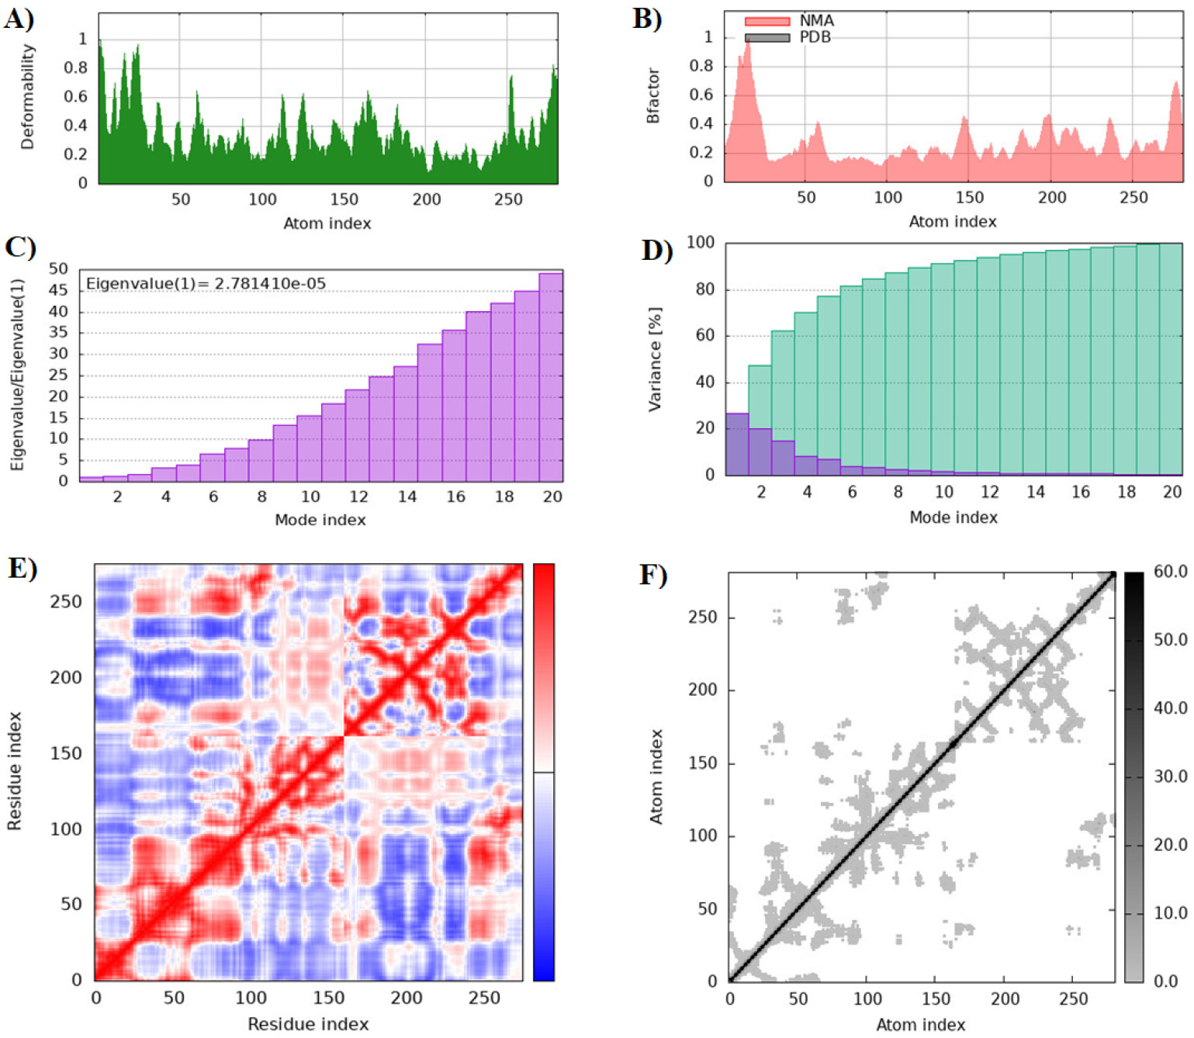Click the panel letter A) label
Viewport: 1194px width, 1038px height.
(19, 19)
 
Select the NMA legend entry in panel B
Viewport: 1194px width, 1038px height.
(789, 21)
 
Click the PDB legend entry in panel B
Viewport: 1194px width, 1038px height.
(787, 37)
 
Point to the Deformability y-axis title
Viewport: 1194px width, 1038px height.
(27, 97)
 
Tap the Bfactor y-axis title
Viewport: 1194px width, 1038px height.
(652, 95)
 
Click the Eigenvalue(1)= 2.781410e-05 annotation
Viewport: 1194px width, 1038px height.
(206, 284)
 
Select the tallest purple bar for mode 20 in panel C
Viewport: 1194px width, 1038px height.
(551, 377)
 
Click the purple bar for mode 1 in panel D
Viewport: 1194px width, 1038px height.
(737, 444)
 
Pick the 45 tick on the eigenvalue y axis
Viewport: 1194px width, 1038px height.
(58, 290)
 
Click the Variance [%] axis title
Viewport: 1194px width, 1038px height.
(656, 359)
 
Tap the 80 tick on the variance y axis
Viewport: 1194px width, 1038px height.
(705, 289)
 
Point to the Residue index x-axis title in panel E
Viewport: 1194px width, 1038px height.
(308, 1023)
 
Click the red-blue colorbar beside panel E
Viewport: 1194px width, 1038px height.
(543, 772)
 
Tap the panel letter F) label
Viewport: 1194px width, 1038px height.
(653, 575)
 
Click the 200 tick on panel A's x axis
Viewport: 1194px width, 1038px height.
(427, 199)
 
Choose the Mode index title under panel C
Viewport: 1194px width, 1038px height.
(320, 520)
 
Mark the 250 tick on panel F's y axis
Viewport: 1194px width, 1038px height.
(703, 617)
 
